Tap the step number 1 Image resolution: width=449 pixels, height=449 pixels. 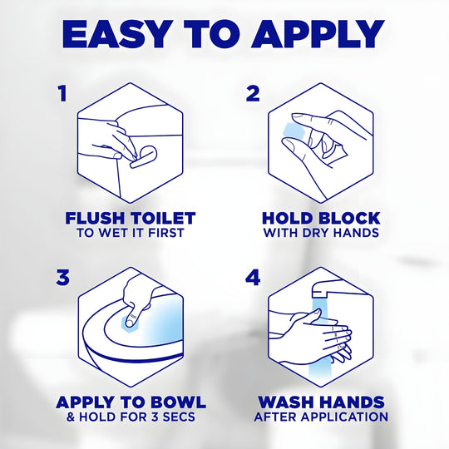(x=62, y=93)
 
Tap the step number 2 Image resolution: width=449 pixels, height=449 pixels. (x=254, y=93)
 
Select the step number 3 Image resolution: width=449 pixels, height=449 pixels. (x=62, y=278)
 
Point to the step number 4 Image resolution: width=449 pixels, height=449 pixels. (x=254, y=278)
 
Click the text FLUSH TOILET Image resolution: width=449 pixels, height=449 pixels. (x=130, y=219)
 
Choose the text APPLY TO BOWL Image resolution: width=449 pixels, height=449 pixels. (x=130, y=402)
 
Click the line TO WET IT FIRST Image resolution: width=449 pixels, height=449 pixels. (x=130, y=234)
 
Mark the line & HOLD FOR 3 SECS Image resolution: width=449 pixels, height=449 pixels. (x=130, y=417)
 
